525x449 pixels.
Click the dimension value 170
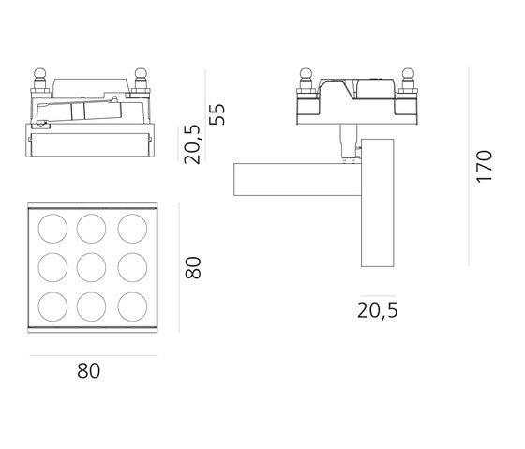[485, 165]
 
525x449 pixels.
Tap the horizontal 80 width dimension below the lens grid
[88, 371]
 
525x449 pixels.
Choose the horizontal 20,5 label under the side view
[379, 310]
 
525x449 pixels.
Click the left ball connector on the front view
[41, 75]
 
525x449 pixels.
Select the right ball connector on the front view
[142, 75]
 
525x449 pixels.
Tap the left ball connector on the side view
[306, 75]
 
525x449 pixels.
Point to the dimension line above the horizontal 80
[94, 356]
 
